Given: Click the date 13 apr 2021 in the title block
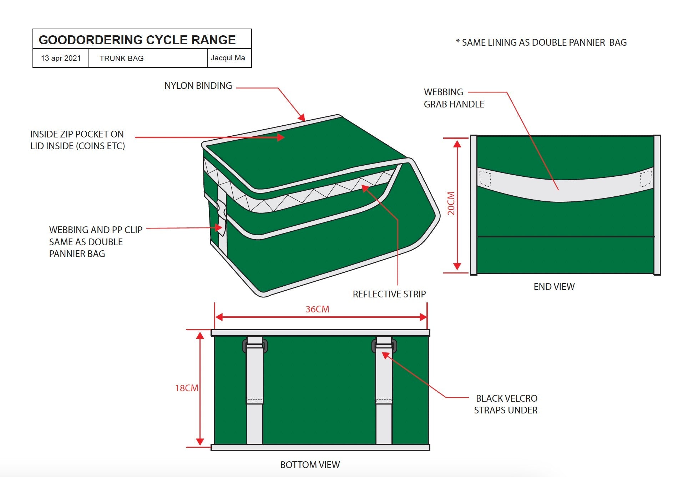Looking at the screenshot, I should pyautogui.click(x=61, y=58).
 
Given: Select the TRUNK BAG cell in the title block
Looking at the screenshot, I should pyautogui.click(x=121, y=59).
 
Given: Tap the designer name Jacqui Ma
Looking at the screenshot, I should pyautogui.click(x=228, y=58).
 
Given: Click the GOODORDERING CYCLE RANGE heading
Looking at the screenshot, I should pyautogui.click(x=137, y=40).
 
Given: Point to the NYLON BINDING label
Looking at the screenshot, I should pyautogui.click(x=198, y=86).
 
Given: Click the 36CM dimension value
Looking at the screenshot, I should pyautogui.click(x=317, y=309).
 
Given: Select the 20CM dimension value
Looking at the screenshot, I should pyautogui.click(x=451, y=204).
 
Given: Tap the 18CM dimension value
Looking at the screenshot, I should pyautogui.click(x=186, y=388).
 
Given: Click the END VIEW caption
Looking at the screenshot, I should pyautogui.click(x=554, y=287).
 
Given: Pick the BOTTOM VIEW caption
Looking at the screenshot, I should pyautogui.click(x=310, y=465).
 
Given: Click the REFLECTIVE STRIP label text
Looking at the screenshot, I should pyautogui.click(x=389, y=294).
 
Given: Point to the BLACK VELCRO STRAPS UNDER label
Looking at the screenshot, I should pyautogui.click(x=506, y=404).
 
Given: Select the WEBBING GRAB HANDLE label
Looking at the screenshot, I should pyautogui.click(x=454, y=98).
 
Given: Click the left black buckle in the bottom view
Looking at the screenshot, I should pyautogui.click(x=255, y=346).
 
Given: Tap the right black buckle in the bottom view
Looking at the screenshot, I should pyautogui.click(x=384, y=346).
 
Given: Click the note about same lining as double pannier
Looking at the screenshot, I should pyautogui.click(x=541, y=42).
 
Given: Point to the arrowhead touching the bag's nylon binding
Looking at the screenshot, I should pyautogui.click(x=302, y=117).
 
